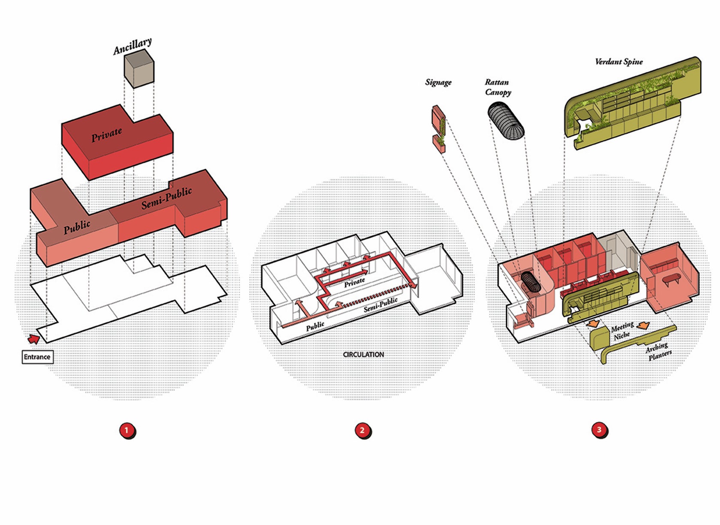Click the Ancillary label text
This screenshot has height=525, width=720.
(132, 46)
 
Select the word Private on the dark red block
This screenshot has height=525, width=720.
(106, 134)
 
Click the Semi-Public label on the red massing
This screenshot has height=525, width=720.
(166, 198)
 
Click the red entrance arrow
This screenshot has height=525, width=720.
(33, 339)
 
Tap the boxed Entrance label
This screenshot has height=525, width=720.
(37, 357)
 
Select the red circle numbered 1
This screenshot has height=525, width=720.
(126, 430)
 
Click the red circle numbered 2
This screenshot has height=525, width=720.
(363, 430)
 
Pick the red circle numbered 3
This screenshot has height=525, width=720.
(599, 430)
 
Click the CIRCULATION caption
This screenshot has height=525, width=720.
(363, 355)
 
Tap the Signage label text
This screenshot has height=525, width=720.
(438, 82)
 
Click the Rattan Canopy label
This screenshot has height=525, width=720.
(498, 87)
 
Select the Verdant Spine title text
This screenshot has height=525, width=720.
(619, 62)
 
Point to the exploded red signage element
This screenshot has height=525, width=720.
(438, 128)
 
